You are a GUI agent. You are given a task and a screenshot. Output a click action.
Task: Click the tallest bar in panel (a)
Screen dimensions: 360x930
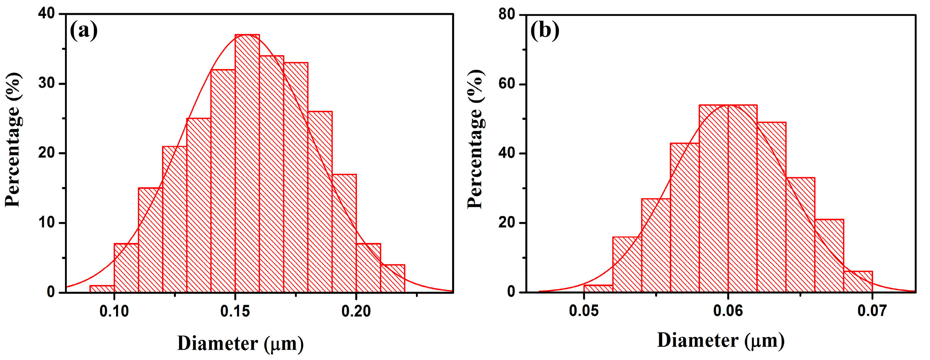[x=247, y=163]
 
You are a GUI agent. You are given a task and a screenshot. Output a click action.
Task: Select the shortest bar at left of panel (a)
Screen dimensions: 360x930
[x=102, y=288]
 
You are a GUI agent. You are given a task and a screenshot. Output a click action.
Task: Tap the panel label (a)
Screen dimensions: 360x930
[x=83, y=31]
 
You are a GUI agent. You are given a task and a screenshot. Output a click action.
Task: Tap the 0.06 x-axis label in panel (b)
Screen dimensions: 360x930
[x=728, y=311]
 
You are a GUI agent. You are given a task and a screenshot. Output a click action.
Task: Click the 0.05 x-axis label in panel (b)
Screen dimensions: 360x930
[x=584, y=311]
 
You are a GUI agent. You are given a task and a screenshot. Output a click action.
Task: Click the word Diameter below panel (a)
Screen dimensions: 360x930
[x=218, y=343]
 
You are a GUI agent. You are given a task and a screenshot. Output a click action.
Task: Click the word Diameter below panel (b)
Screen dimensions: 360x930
[x=697, y=340]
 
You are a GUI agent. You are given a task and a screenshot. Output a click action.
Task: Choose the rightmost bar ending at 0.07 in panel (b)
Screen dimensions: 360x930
[x=858, y=282]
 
